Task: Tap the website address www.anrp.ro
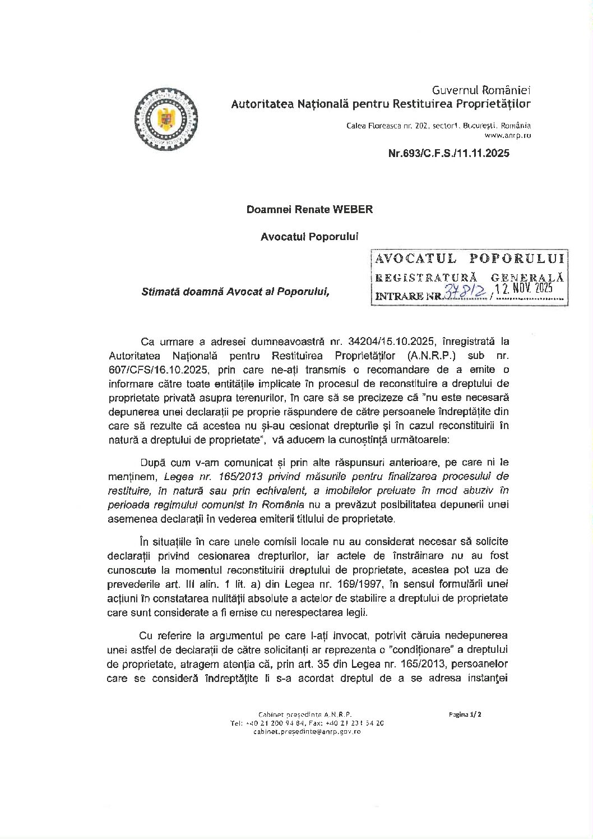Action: (508, 135)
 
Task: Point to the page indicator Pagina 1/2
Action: (465, 714)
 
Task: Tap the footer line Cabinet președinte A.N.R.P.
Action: (305, 714)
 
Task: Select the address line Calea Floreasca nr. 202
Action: (439, 126)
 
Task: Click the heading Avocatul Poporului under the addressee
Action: (309, 237)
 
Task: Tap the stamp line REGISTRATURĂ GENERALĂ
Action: (470, 277)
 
